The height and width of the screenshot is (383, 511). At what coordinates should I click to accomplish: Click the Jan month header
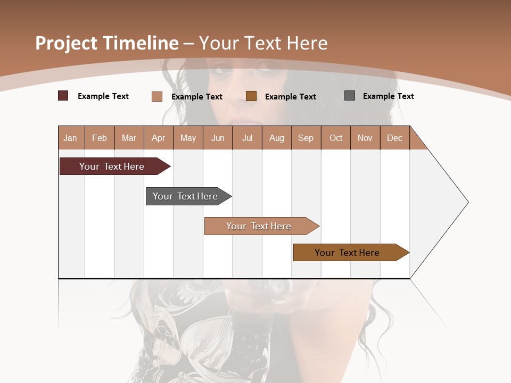tap(70, 138)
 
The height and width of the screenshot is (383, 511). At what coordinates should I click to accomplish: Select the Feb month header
tap(100, 138)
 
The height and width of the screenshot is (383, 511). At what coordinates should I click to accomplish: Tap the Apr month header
tap(158, 138)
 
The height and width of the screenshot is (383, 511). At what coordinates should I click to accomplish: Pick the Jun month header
tap(218, 138)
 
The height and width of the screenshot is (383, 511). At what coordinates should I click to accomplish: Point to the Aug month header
tap(276, 138)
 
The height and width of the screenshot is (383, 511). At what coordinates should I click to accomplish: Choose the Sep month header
tap(306, 138)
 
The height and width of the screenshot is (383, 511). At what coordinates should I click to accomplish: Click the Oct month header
tap(336, 138)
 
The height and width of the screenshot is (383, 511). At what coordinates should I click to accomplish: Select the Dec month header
tap(394, 138)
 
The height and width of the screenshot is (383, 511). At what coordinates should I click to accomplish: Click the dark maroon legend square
tap(63, 96)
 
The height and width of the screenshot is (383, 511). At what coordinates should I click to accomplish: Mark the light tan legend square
tap(156, 96)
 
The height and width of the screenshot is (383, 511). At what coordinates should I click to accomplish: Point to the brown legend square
tap(251, 96)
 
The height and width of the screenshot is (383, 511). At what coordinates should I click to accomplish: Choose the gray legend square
tap(350, 96)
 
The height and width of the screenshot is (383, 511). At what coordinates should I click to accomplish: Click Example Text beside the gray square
tap(388, 96)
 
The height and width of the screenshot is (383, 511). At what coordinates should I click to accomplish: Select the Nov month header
tap(365, 138)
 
